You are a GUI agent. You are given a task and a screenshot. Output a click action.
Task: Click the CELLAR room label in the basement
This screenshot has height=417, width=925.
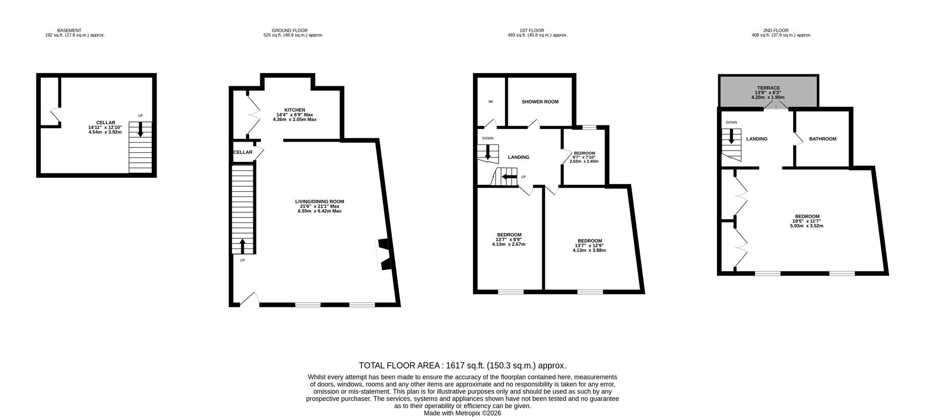(105, 123)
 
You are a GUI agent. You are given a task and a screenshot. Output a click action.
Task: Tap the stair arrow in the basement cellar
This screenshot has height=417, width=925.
(140, 130)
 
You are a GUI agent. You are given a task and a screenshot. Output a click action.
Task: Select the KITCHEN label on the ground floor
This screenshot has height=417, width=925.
(294, 110)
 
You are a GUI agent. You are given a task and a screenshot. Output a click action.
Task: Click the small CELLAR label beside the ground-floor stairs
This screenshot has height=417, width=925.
(243, 152)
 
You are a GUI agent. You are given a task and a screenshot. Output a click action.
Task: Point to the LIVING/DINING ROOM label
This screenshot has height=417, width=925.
(319, 202)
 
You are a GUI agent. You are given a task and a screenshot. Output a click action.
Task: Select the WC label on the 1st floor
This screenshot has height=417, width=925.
(491, 102)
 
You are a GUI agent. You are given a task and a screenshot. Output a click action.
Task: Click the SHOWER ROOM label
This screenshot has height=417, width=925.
(540, 102)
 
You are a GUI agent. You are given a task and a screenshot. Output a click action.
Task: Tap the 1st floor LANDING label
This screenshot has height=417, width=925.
(518, 157)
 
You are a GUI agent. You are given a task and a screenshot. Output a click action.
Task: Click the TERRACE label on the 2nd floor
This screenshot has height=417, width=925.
(768, 88)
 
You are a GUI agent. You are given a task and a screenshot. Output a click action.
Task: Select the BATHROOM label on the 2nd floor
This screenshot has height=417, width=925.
(822, 139)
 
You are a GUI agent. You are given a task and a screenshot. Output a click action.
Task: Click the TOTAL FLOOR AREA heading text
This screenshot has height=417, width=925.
(462, 365)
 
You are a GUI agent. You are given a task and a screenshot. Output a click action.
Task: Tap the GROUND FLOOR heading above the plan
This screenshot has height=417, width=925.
(289, 30)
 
